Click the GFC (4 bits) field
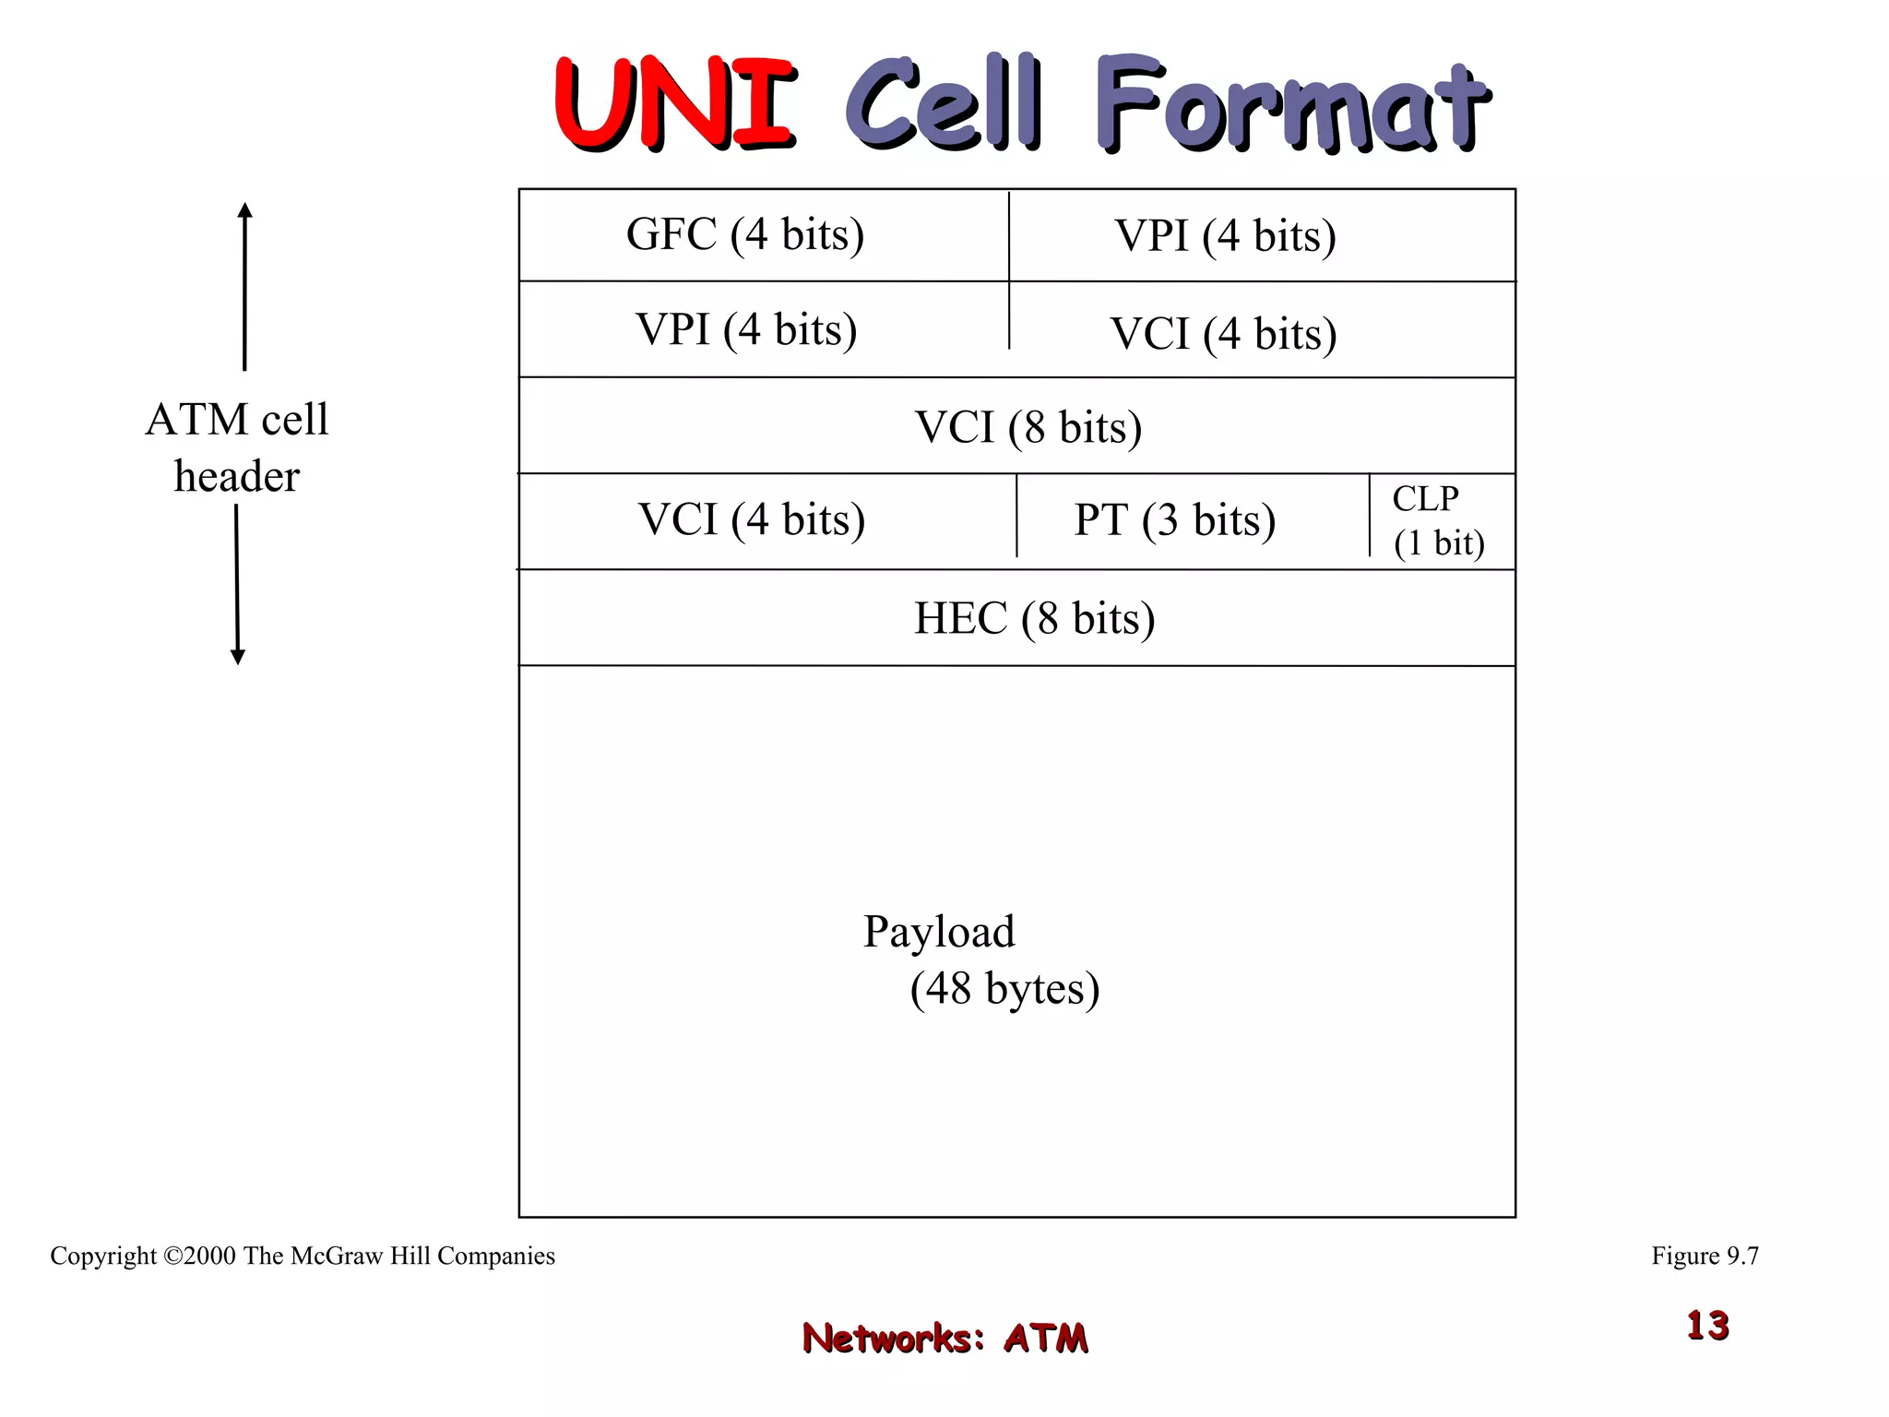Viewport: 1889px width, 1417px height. pos(745,234)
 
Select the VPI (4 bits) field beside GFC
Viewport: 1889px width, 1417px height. pos(1225,236)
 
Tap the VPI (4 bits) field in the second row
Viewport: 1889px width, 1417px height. pos(746,329)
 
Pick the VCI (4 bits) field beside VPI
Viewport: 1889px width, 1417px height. pos(1223,334)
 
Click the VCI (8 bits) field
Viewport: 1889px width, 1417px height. pos(1028,427)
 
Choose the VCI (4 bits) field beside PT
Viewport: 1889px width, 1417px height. pos(752,519)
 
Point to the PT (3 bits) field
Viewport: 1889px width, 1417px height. pos(1174,520)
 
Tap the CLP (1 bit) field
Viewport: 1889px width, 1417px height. pos(1438,521)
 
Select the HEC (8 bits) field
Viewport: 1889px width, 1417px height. pos(1034,618)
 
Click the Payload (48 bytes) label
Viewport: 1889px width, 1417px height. pos(980,959)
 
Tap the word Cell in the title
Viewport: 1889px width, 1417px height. pos(943,103)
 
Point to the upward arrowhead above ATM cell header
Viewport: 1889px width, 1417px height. pos(244,210)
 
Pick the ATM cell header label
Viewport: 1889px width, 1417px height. pos(237,447)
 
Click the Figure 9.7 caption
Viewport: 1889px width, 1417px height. pos(1705,1256)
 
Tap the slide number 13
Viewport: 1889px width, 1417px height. pos(1707,1326)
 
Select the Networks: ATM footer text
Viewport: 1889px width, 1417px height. pos(944,1338)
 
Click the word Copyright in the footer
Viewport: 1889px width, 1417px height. pos(103,1256)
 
